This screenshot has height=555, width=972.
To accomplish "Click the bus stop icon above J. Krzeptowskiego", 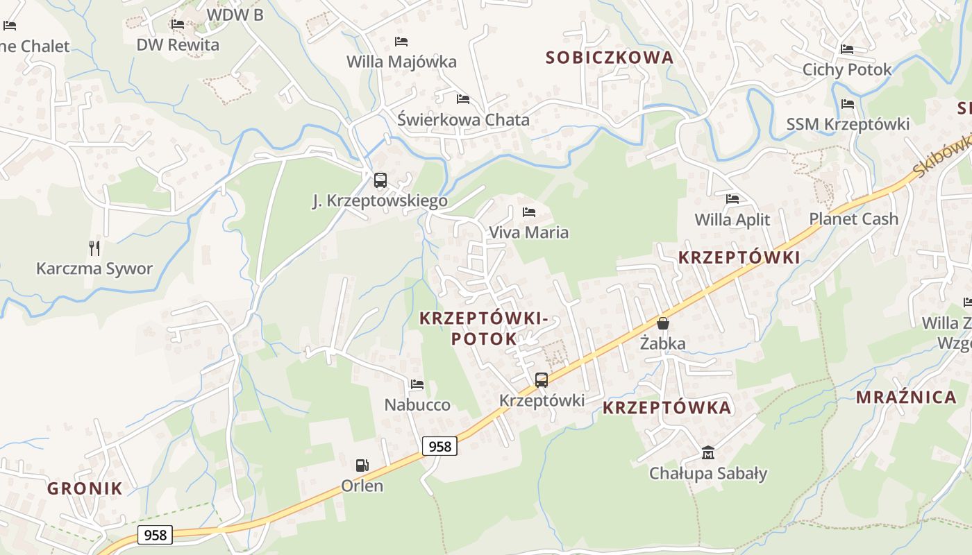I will tap(380, 180).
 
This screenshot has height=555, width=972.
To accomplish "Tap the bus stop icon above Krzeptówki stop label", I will tap(541, 379).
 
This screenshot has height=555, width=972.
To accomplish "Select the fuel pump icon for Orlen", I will tap(362, 465).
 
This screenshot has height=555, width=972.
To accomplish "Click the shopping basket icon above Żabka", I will tap(663, 323).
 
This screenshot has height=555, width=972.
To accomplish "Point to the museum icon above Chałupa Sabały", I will tap(707, 453).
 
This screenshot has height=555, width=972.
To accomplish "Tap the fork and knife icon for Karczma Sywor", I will tap(94, 248).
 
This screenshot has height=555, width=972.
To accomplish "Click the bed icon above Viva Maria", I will tap(529, 212).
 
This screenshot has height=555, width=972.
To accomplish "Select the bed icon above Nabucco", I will tap(417, 384).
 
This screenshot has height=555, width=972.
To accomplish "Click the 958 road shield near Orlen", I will tap(439, 446).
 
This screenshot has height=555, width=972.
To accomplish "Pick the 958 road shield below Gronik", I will tap(155, 535).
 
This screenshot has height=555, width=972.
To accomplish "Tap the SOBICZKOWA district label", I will tap(610, 58).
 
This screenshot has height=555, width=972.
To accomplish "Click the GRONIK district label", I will tap(85, 488).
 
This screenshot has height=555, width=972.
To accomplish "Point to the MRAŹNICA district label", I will tap(906, 398).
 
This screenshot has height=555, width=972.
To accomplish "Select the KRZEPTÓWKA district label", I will tap(667, 408).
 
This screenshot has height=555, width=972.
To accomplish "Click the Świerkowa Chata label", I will tap(463, 120).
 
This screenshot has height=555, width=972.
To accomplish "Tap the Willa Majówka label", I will tap(401, 62).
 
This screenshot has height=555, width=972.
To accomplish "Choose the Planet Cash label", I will tap(853, 219).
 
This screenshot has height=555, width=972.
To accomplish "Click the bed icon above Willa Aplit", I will tap(732, 199).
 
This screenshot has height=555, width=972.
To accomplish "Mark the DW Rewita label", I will tap(178, 45).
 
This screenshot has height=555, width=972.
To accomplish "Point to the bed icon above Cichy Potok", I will tap(847, 49).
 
